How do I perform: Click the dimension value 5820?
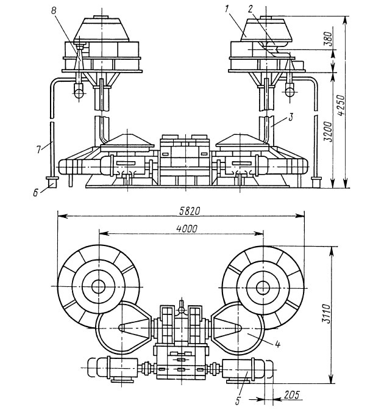pyautogui.click(x=190, y=211)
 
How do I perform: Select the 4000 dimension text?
pyautogui.click(x=187, y=229)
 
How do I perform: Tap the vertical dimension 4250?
pyautogui.click(x=341, y=105)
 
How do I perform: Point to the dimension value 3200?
pyautogui.click(x=328, y=131)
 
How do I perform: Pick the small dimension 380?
pyautogui.click(x=329, y=38)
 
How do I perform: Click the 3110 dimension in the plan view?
pyautogui.click(x=325, y=314)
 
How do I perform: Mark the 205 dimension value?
pyautogui.click(x=292, y=395)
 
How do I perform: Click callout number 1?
pyautogui.click(x=226, y=9)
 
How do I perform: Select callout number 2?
pyautogui.click(x=250, y=9)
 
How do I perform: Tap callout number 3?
pyautogui.click(x=291, y=117)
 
